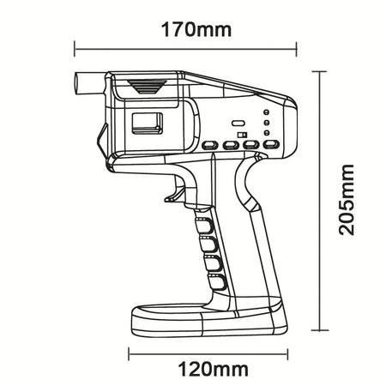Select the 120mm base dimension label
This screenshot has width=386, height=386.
tap(214, 370)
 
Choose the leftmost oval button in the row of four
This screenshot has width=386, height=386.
tap(208, 146)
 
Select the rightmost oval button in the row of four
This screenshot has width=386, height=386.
tap(271, 146)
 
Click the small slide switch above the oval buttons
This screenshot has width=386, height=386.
tap(243, 134)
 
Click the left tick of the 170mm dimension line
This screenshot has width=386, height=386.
tap(74, 48)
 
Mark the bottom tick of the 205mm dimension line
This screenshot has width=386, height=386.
tap(321, 330)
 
